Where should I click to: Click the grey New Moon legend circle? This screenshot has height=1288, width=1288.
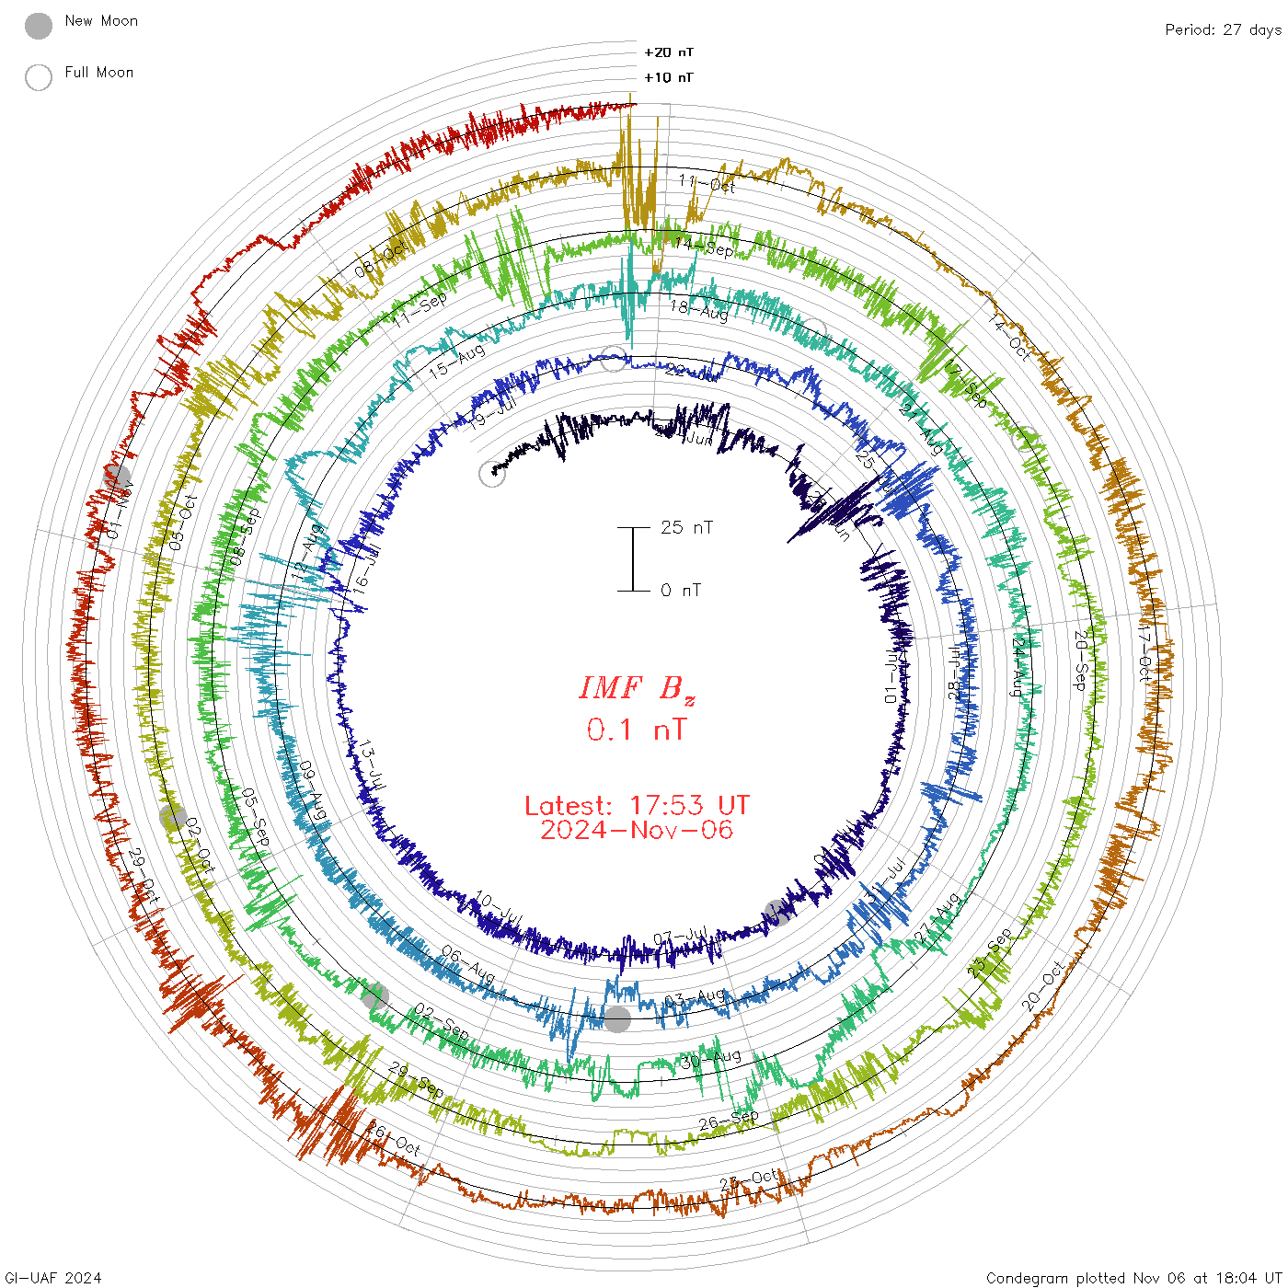(x=39, y=26)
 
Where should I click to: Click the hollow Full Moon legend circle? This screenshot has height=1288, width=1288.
(x=39, y=77)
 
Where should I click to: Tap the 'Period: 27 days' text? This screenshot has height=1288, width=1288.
(x=1223, y=29)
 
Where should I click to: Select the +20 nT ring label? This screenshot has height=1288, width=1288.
(x=669, y=52)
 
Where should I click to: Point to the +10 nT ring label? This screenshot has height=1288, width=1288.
(x=669, y=77)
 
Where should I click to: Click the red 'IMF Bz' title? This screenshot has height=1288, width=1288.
(x=637, y=688)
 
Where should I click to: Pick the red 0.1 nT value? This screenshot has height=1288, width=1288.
(x=637, y=730)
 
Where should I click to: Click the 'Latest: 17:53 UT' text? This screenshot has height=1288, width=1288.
(x=637, y=806)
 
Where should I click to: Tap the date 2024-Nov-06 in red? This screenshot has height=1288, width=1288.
(x=637, y=830)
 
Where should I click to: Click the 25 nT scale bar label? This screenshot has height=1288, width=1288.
(x=686, y=527)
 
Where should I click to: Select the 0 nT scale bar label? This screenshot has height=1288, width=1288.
(x=681, y=590)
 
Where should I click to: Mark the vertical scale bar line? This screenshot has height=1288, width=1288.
(x=633, y=558)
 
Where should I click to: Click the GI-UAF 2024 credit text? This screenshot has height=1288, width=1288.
(x=53, y=1278)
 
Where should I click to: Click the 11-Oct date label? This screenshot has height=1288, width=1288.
(x=707, y=182)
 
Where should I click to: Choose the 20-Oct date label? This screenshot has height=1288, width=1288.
(x=1043, y=985)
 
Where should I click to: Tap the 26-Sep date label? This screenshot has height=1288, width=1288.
(x=729, y=1120)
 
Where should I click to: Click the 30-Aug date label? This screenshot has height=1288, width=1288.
(x=711, y=1057)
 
